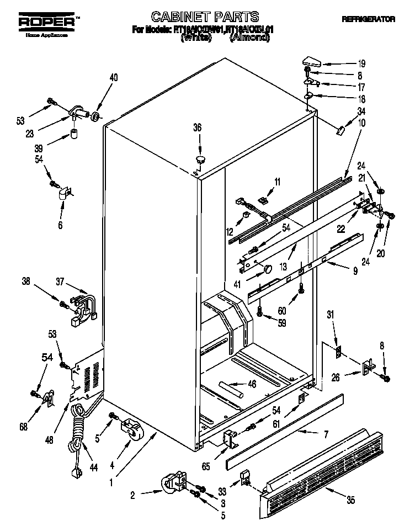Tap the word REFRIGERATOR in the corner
(x=368, y=19)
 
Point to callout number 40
(x=113, y=77)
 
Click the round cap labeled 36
(x=199, y=159)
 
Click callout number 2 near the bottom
(x=132, y=496)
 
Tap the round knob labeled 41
(x=267, y=269)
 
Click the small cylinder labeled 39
(x=73, y=134)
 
